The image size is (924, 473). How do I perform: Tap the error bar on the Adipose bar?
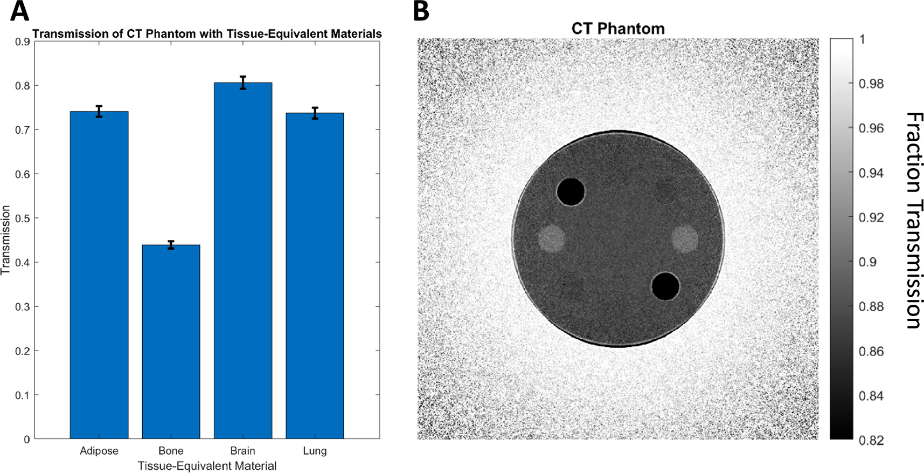click(99, 111)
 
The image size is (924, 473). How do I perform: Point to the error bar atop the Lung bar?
click(315, 113)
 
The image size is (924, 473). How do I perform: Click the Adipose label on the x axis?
click(99, 451)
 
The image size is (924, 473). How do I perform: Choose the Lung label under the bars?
click(315, 451)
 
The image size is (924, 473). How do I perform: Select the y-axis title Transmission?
click(6, 240)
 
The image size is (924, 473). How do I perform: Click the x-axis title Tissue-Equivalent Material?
click(207, 466)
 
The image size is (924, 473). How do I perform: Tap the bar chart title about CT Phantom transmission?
click(207, 33)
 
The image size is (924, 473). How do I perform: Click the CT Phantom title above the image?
click(618, 28)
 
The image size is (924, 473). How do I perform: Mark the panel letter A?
click(19, 11)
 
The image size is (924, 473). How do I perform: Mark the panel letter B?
click(421, 11)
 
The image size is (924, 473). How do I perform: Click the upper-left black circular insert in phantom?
click(570, 191)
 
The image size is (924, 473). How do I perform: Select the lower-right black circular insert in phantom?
click(665, 286)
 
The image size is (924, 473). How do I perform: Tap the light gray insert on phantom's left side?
click(552, 238)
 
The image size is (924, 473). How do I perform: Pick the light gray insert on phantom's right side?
click(684, 238)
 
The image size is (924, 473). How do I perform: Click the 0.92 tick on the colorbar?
click(871, 217)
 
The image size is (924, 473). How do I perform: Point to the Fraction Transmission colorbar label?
click(914, 220)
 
